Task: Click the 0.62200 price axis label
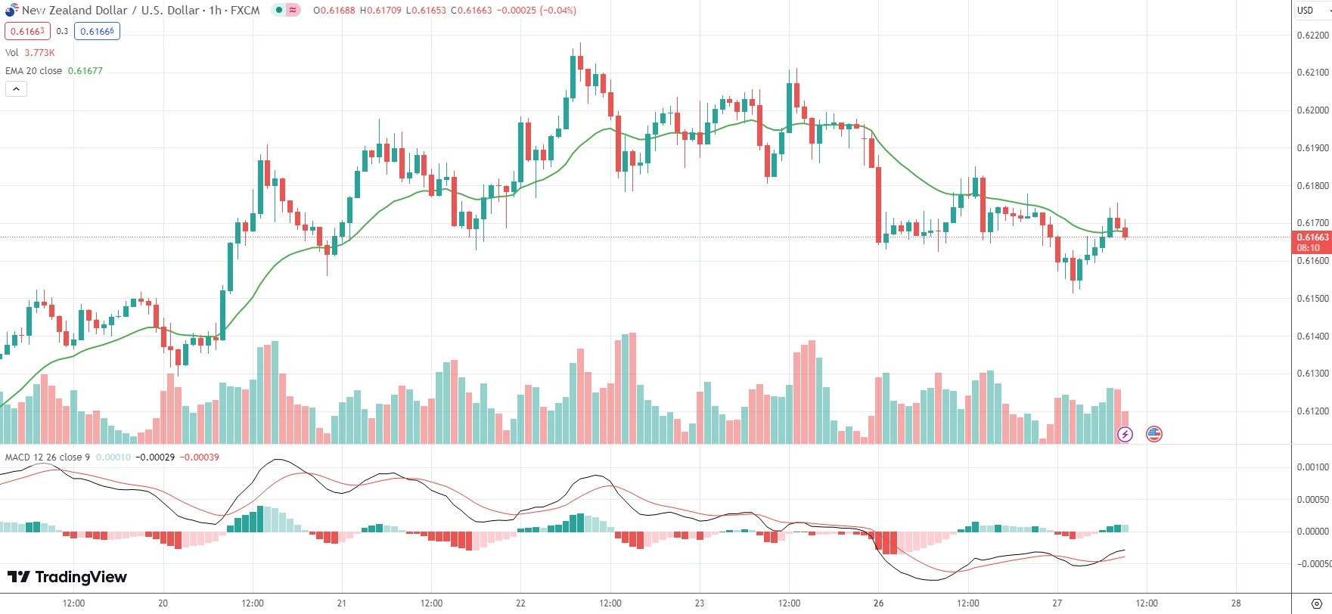point(1312,36)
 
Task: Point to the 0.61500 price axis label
point(1312,299)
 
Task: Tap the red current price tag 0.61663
point(1312,237)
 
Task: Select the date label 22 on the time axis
point(520,603)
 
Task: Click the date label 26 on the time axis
point(878,603)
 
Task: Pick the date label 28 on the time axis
point(1235,603)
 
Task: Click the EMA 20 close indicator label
point(34,71)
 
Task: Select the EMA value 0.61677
point(85,71)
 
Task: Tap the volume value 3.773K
point(40,53)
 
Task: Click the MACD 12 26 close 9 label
point(48,457)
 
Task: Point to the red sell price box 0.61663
point(27,32)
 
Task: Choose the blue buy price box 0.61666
point(98,32)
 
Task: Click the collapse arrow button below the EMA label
point(16,89)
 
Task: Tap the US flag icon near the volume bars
point(1153,434)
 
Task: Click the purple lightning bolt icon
point(1125,434)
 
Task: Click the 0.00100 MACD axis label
point(1312,467)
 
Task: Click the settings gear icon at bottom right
point(1316,603)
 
